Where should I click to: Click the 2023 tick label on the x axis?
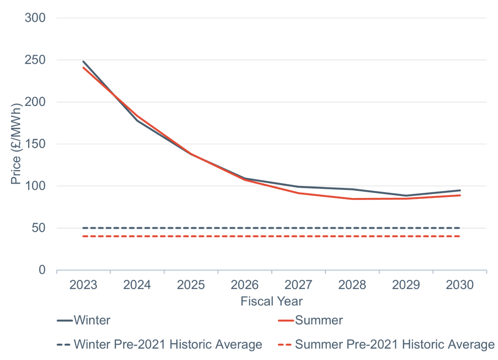83,285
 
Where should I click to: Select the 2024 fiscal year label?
137,285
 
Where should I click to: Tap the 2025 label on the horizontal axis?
191,285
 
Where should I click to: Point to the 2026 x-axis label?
244,285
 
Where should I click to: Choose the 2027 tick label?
298,285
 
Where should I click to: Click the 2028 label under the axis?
352,285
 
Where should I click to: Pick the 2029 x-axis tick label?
405,285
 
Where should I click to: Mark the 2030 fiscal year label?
459,285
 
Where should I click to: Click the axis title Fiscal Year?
271,301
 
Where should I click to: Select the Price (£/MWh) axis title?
16,144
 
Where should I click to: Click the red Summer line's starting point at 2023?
83,68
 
